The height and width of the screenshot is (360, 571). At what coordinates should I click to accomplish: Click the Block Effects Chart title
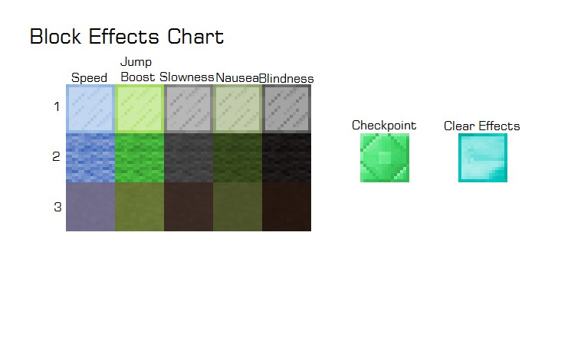(x=126, y=37)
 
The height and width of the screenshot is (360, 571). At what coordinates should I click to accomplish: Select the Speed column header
(x=89, y=78)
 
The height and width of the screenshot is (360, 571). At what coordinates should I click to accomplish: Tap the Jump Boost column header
(x=137, y=70)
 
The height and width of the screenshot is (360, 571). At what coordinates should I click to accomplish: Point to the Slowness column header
(x=186, y=77)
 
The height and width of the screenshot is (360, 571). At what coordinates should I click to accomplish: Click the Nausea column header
(x=237, y=78)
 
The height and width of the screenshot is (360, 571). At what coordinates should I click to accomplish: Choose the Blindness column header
(x=287, y=78)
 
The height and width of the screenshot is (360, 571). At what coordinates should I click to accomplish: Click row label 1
(x=56, y=107)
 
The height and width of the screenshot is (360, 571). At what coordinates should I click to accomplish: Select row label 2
(x=56, y=157)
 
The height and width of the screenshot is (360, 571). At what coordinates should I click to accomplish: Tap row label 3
(x=57, y=207)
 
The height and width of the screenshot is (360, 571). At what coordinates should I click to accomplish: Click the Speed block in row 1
(x=90, y=109)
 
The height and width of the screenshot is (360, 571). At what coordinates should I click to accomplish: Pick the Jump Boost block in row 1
(x=139, y=109)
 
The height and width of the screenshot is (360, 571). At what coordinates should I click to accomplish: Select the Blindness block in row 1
(x=287, y=109)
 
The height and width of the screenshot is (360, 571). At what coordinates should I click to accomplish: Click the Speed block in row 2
(x=90, y=158)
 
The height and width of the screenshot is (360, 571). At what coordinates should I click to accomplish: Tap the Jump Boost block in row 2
(x=139, y=158)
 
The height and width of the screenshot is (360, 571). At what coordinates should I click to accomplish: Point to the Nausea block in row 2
(x=238, y=158)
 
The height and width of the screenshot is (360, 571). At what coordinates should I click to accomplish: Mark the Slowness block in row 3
(x=189, y=207)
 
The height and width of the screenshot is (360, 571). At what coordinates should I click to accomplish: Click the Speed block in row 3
(x=90, y=207)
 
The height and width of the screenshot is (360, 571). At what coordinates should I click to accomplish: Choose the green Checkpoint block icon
(x=385, y=158)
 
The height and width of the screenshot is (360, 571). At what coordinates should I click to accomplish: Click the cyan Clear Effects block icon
(x=483, y=158)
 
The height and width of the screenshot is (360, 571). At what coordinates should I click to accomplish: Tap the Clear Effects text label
(x=482, y=126)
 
